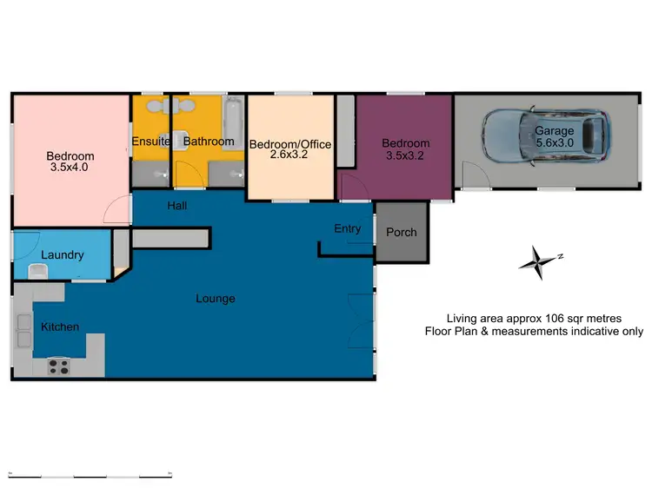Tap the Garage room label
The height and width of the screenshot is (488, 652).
555,131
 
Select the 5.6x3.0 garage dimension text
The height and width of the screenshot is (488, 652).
555,143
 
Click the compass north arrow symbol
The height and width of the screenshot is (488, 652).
539,260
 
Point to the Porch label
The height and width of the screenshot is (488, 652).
401,232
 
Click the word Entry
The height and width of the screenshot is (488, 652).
347,228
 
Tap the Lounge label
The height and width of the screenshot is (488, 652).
216,299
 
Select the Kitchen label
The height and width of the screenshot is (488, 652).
60,326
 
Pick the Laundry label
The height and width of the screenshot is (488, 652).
63,255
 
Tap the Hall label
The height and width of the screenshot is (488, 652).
177,206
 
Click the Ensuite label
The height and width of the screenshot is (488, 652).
151,142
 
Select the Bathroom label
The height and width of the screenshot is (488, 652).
209,142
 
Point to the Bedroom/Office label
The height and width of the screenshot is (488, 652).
290,144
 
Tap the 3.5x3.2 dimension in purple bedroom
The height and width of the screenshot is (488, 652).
405,155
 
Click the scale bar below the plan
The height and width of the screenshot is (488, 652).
90,474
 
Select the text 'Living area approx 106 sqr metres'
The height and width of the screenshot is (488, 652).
534,319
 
